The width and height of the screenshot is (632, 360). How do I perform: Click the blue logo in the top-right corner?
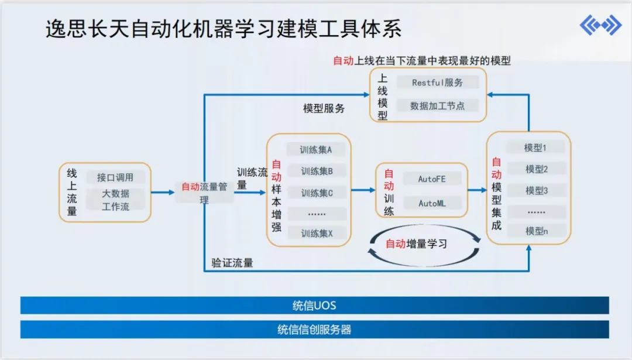coord(600,26)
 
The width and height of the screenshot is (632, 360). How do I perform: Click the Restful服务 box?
coord(437,83)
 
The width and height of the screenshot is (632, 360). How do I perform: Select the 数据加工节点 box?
coord(437,106)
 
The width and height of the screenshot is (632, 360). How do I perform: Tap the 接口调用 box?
coord(115,177)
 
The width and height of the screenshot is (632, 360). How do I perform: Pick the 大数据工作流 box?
coord(115,200)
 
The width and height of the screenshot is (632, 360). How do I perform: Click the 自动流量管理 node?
coord(204,192)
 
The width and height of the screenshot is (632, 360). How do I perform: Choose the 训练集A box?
coord(316,150)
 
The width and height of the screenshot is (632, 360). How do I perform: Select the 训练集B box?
coord(317,172)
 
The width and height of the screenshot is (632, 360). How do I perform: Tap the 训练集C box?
coord(317,193)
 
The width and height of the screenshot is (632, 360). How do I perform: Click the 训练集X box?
coord(317,233)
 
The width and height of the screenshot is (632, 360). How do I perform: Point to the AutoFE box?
coord(432,179)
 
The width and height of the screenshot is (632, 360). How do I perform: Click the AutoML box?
coord(432,203)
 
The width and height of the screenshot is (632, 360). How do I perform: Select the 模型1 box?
coord(535,148)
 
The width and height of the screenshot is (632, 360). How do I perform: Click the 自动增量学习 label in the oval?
coord(416,244)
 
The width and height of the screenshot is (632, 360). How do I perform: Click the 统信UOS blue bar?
coord(315,306)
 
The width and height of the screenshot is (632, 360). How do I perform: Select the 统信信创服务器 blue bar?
coord(315,330)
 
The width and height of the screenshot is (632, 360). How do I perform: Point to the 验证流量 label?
coord(232,263)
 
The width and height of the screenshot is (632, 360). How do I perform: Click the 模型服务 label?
coord(324,108)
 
